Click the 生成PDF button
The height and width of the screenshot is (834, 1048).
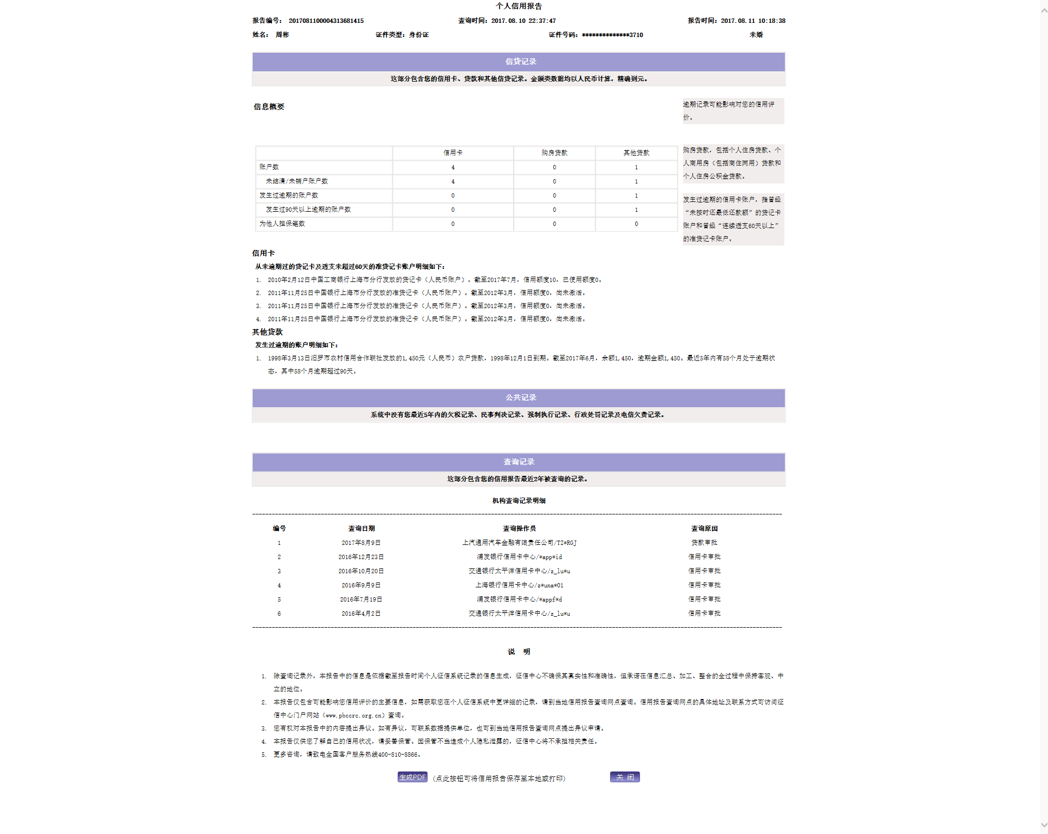412,777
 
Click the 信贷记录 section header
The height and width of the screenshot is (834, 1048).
521,62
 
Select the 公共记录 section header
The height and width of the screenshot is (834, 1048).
521,397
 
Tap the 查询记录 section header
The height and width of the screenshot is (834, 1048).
519,462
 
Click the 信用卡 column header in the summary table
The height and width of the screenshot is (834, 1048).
453,153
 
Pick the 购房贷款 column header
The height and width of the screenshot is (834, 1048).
554,153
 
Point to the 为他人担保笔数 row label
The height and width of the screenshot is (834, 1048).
282,224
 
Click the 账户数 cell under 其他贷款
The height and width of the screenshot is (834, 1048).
636,167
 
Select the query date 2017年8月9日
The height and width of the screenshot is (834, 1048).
361,543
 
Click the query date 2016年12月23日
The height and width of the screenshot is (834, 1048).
361,557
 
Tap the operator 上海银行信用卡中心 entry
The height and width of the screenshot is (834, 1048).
519,585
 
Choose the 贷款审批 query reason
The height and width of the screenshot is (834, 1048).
704,543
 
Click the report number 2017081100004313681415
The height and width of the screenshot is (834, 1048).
326,21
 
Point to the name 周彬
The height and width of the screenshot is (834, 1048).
282,35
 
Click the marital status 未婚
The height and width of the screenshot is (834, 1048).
755,35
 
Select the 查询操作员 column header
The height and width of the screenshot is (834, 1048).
519,529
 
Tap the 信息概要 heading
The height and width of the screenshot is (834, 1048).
269,107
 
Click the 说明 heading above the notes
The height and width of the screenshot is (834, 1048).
519,652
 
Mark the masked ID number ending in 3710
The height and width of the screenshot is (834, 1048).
612,35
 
